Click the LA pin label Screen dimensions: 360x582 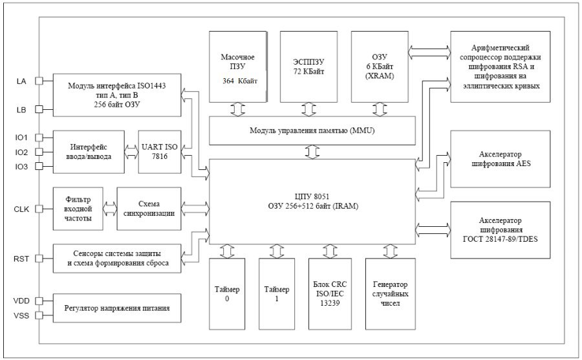point(21,81)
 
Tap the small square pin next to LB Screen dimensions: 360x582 point(39,109)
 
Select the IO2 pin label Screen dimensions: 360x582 point(22,152)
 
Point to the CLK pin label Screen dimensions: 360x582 point(22,209)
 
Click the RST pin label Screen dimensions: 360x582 point(22,259)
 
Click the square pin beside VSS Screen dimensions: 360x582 point(39,315)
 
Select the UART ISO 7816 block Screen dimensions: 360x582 point(158,152)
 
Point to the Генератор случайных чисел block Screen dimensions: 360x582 point(391,295)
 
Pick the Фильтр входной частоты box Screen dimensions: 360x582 point(78,209)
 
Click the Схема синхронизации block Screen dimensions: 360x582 point(148,209)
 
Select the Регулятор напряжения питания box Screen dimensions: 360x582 point(117,308)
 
